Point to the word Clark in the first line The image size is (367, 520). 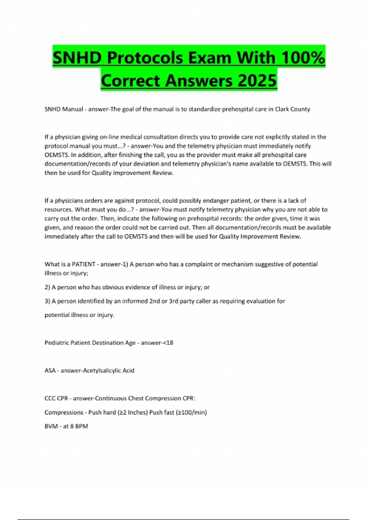point(283,109)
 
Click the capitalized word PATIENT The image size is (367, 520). point(83,264)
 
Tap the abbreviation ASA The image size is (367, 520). point(50,370)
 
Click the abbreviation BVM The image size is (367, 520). point(51,426)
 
